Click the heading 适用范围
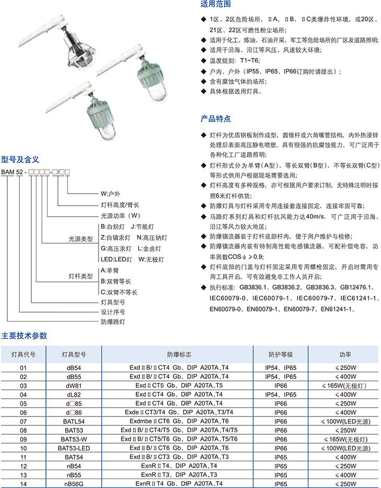pos(216,4)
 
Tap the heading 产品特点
pos(216,118)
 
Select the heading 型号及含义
pos(20,160)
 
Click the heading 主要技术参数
pos(24,336)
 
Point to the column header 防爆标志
pos(179,354)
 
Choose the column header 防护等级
pos(280,354)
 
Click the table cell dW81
pos(74,386)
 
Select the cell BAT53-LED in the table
pos(74,448)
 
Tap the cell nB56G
pos(74,484)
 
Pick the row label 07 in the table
pos(23,421)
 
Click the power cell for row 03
pos(344,386)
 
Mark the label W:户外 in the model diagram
pos(110,194)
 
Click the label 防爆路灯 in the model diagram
pos(113,322)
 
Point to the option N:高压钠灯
pos(152,237)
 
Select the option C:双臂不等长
pos(119,292)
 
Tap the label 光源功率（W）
pos(121,216)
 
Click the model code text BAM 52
pos(12,172)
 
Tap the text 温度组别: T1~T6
pos(234,61)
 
